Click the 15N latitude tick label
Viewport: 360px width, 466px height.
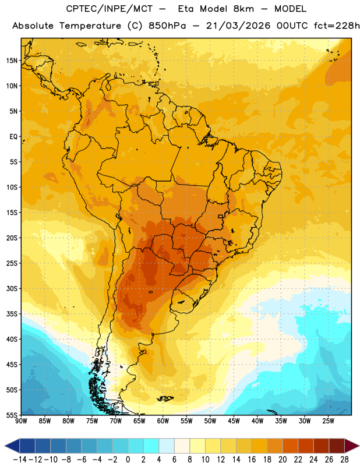pyautogui.click(x=12, y=61)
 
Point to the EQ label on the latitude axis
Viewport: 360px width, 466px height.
pyautogui.click(x=13, y=137)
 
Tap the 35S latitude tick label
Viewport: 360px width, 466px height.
pyautogui.click(x=12, y=314)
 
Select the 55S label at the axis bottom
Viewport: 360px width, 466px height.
pyautogui.click(x=12, y=415)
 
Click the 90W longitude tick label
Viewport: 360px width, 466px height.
pyautogui.click(x=21, y=421)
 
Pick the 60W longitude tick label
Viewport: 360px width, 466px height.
pyautogui.click(x=163, y=421)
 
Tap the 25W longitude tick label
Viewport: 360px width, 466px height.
pyautogui.click(x=328, y=421)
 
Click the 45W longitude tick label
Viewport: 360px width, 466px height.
pyautogui.click(x=234, y=421)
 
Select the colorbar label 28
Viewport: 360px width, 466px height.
pyautogui.click(x=344, y=460)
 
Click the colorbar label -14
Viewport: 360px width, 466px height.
pyautogui.click(x=20, y=460)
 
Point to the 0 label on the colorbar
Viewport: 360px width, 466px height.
pyautogui.click(x=128, y=460)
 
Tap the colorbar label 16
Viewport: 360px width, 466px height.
pyautogui.click(x=252, y=460)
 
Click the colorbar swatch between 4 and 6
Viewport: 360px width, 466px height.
pyautogui.click(x=167, y=446)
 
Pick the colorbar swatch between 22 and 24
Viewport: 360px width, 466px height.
pyautogui.click(x=306, y=446)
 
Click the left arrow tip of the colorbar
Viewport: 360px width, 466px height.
pyautogui.click(x=5, y=446)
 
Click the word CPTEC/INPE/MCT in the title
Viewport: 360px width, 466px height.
pyautogui.click(x=110, y=9)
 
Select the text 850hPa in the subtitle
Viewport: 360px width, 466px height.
pyautogui.click(x=167, y=26)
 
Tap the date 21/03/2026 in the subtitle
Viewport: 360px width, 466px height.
pyautogui.click(x=238, y=26)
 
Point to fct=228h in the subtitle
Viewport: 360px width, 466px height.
pyautogui.click(x=337, y=26)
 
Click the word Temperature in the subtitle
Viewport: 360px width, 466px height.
pyautogui.click(x=90, y=26)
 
